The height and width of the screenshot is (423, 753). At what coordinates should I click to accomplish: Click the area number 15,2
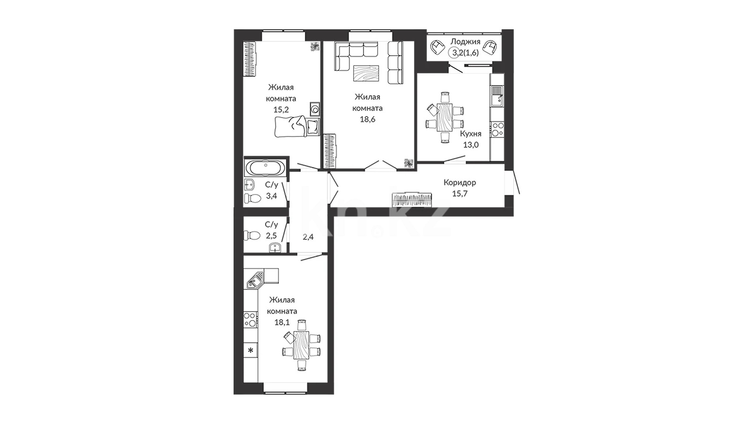click(281, 110)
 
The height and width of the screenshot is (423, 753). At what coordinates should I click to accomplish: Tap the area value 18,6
click(367, 119)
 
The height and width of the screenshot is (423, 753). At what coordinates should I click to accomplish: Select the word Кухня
click(470, 134)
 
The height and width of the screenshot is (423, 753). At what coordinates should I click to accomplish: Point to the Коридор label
click(459, 183)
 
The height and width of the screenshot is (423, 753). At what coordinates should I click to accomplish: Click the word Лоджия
click(465, 42)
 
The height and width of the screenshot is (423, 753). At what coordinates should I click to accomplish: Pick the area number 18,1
click(282, 322)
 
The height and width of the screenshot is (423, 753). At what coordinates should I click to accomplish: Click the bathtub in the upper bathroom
click(266, 168)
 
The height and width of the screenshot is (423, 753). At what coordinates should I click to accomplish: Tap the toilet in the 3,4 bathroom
click(252, 198)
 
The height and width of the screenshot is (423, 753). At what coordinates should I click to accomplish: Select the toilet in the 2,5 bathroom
click(252, 235)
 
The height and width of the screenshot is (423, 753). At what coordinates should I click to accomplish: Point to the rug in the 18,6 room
click(366, 73)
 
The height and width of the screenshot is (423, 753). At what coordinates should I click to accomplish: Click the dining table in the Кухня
click(445, 117)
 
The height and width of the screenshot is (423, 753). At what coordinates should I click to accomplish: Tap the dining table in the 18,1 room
click(302, 345)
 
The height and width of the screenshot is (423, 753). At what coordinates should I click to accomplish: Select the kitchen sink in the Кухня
click(497, 96)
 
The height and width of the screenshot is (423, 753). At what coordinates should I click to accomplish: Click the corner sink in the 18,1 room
click(255, 279)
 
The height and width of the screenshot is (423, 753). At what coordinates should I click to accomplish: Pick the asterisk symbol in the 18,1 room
click(251, 350)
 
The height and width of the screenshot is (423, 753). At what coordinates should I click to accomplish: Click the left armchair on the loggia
click(438, 47)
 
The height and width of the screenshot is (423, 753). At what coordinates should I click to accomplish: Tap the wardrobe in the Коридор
click(412, 200)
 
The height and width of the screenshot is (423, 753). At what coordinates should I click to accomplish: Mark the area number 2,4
click(308, 237)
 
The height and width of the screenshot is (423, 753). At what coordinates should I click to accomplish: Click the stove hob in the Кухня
click(497, 129)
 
